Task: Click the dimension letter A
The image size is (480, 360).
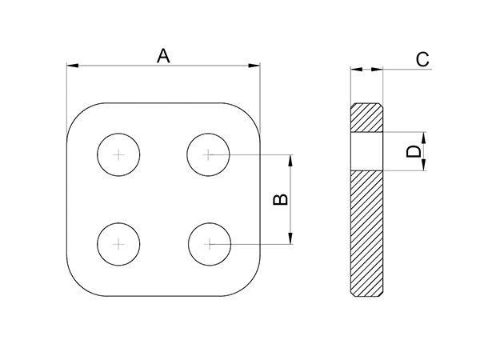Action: point(163,55)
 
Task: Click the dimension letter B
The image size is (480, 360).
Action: point(279,198)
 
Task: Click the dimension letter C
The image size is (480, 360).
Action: point(423,58)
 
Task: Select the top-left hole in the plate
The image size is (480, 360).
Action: point(118,154)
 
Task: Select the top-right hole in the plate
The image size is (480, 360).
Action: point(208,154)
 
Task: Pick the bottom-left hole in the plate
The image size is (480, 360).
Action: point(118,242)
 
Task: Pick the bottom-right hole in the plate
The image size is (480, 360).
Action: point(208,242)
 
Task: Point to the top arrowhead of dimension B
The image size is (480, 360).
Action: point(290,158)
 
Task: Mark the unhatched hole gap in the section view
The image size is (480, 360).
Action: point(367,151)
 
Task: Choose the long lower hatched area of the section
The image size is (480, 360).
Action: point(367,232)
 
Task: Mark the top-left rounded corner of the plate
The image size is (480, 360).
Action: point(78,114)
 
